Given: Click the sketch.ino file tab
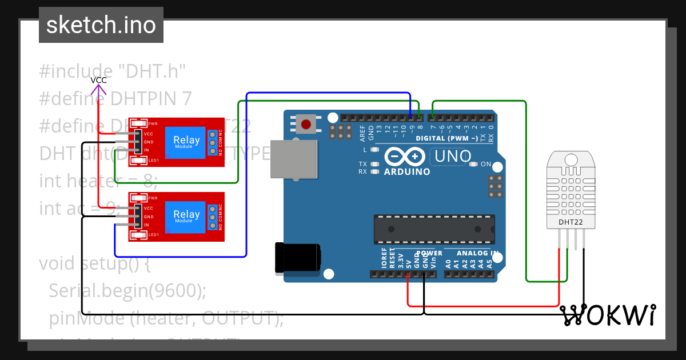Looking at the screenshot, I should [x=101, y=25].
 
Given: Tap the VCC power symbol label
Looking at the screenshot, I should [x=99, y=80].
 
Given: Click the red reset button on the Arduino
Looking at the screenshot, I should [x=306, y=123].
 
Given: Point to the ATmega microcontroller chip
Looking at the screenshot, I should [x=433, y=229].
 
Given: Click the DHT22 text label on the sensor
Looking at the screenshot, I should [x=571, y=222].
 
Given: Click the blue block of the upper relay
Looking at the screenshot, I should [x=186, y=142].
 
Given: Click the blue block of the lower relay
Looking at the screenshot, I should [x=186, y=216].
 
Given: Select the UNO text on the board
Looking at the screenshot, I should [x=453, y=155].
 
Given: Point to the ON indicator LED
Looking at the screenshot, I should [x=473, y=164].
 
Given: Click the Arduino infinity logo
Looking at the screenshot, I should [x=405, y=156].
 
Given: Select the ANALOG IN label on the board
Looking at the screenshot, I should [x=477, y=253].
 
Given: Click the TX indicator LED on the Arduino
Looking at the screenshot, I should [x=375, y=164].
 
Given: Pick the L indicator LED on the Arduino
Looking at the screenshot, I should [x=375, y=150].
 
